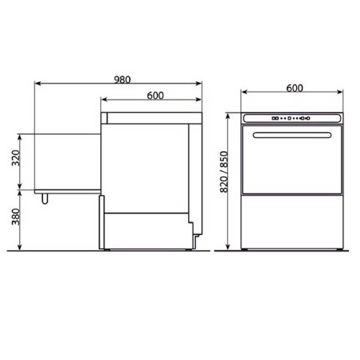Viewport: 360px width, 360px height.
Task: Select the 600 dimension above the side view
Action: point(155,96)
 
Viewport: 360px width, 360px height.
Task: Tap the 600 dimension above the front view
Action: point(295,89)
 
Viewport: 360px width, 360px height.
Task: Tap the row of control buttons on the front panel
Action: point(291,119)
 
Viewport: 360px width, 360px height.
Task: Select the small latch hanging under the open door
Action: point(47,197)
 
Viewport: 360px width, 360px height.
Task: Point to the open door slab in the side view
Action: point(68,162)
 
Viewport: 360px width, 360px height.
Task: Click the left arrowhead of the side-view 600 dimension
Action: point(103,100)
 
